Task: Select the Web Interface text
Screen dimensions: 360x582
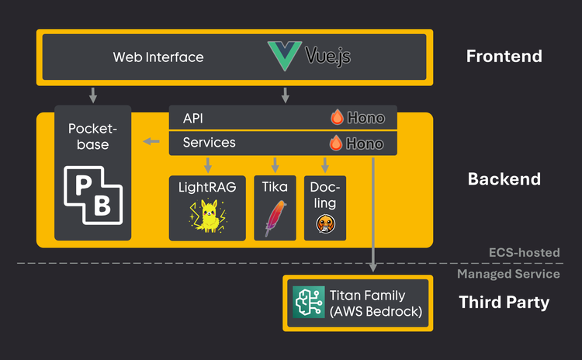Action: pos(158,57)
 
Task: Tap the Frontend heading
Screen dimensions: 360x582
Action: pos(504,56)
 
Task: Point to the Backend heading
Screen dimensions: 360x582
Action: pos(504,179)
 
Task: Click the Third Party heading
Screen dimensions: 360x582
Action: pos(504,302)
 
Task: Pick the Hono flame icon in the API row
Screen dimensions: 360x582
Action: pos(337,118)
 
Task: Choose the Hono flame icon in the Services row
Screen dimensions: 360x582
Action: pos(337,144)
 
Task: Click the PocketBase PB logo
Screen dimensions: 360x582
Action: pos(92,190)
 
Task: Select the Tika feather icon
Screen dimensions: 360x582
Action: pos(273,217)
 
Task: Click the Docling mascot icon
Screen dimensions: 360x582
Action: pos(324,223)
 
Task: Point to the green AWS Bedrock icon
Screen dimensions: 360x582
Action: pos(307,302)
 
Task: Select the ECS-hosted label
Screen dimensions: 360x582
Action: pos(524,253)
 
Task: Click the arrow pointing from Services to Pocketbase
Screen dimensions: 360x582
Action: pos(151,142)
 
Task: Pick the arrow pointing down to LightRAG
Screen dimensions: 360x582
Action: pos(207,164)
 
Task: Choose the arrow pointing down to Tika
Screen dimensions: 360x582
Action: pos(273,164)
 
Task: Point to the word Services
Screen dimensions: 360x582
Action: pos(209,143)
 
